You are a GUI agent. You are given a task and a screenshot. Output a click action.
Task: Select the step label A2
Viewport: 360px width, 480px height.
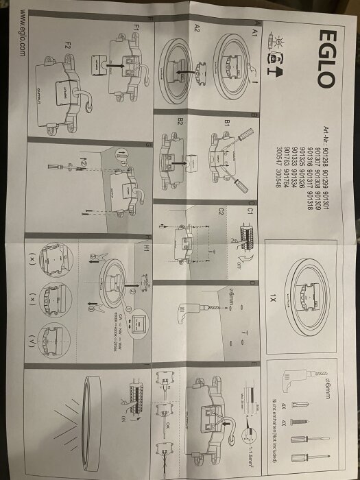point(198,29)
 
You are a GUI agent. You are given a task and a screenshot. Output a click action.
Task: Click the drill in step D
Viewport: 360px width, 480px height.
point(189,312)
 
